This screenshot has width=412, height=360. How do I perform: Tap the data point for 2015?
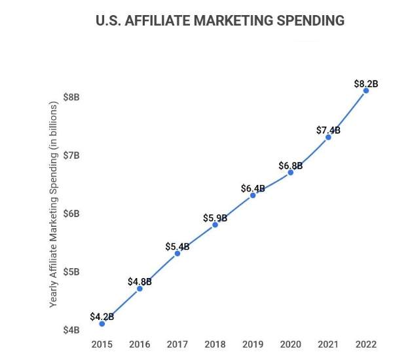pyautogui.click(x=102, y=323)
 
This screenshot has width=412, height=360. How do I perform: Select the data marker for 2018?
pyautogui.click(x=215, y=225)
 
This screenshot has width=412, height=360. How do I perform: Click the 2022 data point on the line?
pyautogui.click(x=366, y=90)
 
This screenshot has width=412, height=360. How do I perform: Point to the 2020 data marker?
pyautogui.click(x=291, y=172)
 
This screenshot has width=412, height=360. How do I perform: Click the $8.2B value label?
pyautogui.click(x=366, y=83)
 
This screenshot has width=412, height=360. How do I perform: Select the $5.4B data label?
pyautogui.click(x=178, y=247)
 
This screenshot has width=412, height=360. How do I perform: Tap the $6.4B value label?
pyautogui.click(x=253, y=189)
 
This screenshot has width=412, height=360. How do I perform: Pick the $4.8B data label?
pyautogui.click(x=140, y=281)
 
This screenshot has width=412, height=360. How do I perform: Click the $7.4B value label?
pyautogui.click(x=328, y=130)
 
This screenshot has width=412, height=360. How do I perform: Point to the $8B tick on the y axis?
pyautogui.click(x=72, y=97)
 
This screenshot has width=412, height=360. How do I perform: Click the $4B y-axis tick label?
pyautogui.click(x=72, y=330)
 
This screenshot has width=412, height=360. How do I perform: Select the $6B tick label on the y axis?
pyautogui.click(x=72, y=213)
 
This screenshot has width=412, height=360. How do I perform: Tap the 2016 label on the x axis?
pyautogui.click(x=140, y=344)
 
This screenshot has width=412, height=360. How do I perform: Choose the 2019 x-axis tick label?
pyautogui.click(x=253, y=344)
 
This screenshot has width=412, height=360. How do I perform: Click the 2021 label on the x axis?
pyautogui.click(x=328, y=344)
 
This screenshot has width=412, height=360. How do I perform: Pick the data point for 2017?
pyautogui.click(x=178, y=253)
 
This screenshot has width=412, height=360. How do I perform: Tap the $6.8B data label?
pyautogui.click(x=291, y=165)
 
